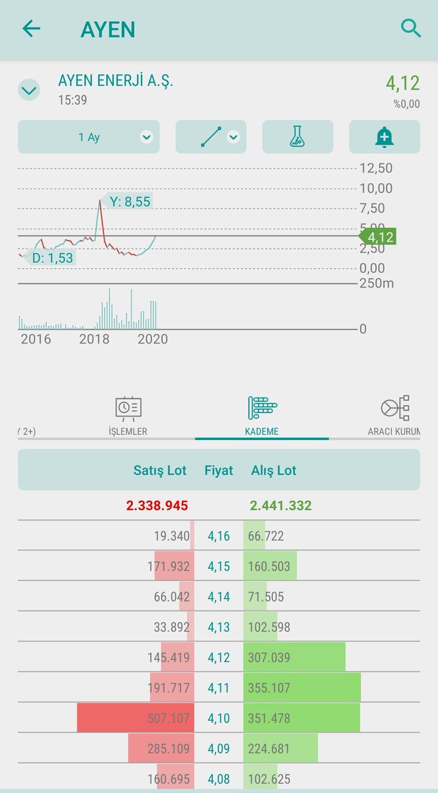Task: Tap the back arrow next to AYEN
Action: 31,28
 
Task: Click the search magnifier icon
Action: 411,28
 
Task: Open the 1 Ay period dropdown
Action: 89,137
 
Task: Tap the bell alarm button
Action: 384,137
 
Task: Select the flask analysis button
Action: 297,137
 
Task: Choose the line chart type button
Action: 211,137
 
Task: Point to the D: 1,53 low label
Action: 52,258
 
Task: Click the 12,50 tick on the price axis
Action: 376,169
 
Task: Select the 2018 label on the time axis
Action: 95,339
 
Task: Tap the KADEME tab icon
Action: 262,408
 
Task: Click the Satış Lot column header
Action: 160,471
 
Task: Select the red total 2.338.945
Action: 157,506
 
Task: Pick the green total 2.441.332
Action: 281,506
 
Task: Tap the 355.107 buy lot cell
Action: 269,688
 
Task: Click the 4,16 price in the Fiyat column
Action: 219,536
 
